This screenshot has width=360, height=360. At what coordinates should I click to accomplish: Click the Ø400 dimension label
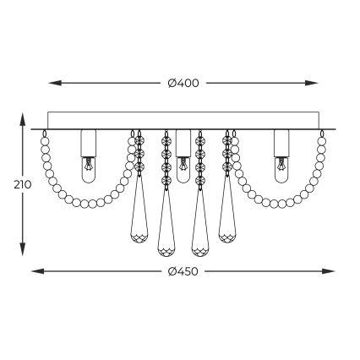coord(183,83)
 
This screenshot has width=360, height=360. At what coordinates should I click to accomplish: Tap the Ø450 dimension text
coord(183,271)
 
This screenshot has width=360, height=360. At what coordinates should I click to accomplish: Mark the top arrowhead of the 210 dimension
coord(22,118)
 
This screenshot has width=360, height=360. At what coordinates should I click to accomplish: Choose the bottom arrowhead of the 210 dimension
coord(22,252)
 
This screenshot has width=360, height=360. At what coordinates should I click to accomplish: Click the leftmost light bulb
coord(86,169)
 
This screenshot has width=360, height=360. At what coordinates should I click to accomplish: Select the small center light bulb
coord(183,172)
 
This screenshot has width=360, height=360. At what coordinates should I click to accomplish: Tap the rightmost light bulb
coord(281,169)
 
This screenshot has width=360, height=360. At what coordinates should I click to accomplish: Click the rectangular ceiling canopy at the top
coord(183,120)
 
